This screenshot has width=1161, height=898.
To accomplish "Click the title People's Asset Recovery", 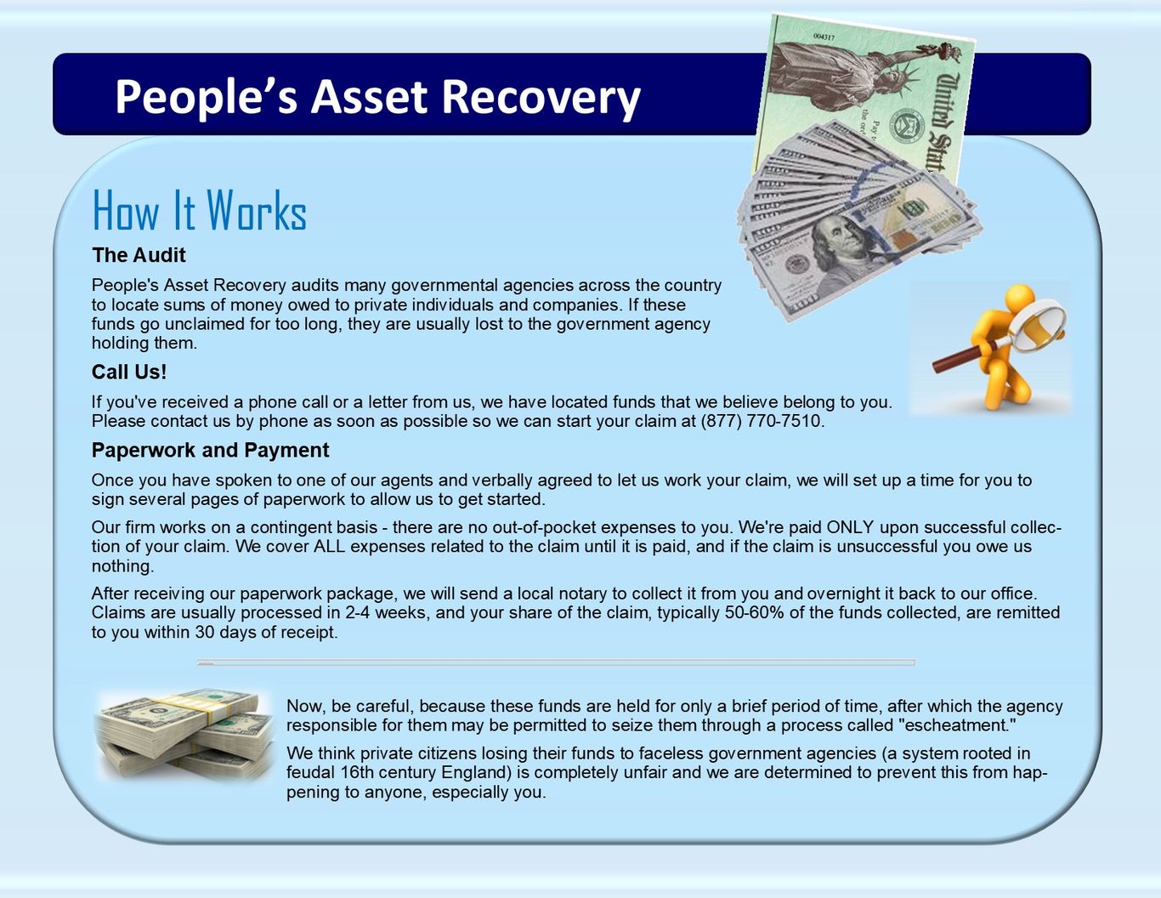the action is click(377, 97).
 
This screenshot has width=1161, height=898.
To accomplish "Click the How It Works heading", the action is click(199, 210).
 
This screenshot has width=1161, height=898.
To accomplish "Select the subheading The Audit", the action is click(139, 255).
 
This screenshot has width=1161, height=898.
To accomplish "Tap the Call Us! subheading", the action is click(129, 372).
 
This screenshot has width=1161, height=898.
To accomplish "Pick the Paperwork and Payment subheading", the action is click(211, 450).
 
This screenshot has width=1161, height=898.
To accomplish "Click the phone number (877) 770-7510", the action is click(762, 421).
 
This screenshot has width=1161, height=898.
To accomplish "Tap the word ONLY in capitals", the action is click(850, 527).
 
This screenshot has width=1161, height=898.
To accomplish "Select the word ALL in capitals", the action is click(329, 546).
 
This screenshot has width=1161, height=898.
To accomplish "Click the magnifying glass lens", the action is click(1038, 326).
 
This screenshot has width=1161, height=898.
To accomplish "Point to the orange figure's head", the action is click(1019, 297).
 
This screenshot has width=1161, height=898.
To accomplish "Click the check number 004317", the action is click(824, 37).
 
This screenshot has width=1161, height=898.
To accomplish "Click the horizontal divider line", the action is click(556, 662).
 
